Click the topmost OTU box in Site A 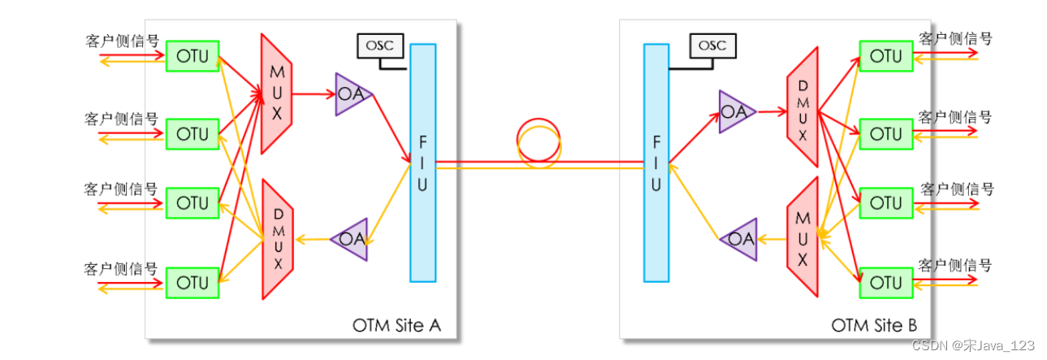[193, 57]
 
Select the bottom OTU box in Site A [193, 283]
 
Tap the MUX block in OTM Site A [277, 93]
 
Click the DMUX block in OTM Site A [277, 240]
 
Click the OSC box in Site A [379, 46]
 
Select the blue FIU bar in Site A [422, 163]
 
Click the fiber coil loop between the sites [538, 143]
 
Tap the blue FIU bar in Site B [656, 163]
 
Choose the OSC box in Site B [712, 46]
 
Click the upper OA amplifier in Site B [735, 112]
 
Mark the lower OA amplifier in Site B [740, 239]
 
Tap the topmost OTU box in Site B [885, 57]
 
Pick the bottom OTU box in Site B [885, 283]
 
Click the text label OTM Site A [397, 325]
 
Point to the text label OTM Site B [874, 325]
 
